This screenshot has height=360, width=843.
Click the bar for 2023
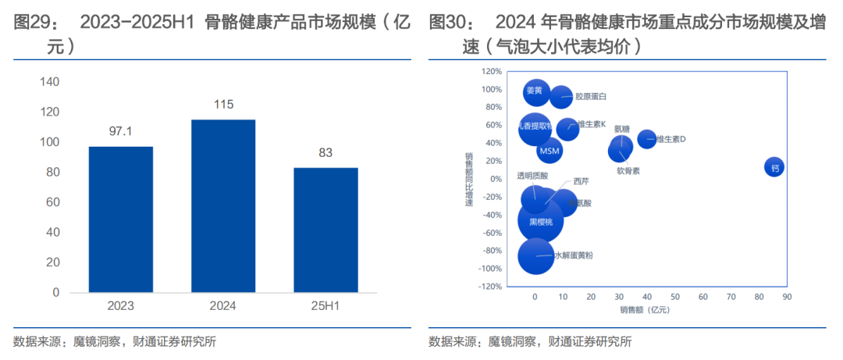pos(120,219)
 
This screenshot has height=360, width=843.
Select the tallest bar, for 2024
pos(223,206)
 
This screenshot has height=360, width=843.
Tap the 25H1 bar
pos(325,230)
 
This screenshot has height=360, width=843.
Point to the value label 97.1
pos(120,131)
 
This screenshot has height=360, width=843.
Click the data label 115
pos(223,105)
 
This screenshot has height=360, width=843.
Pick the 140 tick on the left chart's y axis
pos(49,82)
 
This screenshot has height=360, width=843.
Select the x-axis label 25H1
pos(325,306)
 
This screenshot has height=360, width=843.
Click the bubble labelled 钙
pos(774,167)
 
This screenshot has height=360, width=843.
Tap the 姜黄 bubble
pos(535,92)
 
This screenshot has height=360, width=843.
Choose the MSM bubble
pos(550,150)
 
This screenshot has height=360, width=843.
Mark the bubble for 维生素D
pos(646,139)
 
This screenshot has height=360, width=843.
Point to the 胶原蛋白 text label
pos(591,97)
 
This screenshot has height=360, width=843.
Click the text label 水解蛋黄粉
pos(574,255)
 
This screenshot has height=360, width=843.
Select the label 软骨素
pos(628,170)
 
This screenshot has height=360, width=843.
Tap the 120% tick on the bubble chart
pos(491,71)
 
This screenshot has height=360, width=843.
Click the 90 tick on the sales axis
pos(786,297)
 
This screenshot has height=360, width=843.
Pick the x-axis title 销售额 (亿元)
pos(645,310)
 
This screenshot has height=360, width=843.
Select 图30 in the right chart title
pos(446,23)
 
